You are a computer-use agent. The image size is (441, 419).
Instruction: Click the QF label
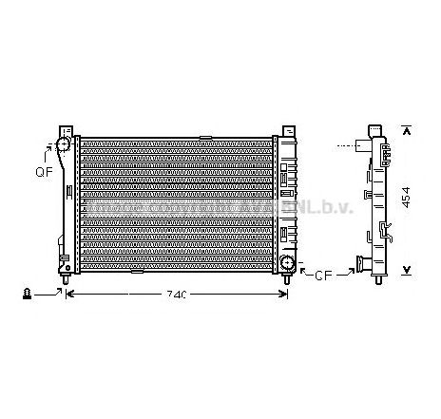click(42, 172)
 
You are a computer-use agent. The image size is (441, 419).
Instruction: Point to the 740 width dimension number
click(176, 294)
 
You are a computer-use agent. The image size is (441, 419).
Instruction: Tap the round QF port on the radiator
click(63, 145)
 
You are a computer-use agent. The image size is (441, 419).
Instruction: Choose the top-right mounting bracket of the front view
click(286, 129)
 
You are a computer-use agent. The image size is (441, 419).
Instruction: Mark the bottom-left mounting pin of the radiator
click(66, 279)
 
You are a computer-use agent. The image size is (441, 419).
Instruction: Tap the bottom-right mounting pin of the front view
click(285, 279)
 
